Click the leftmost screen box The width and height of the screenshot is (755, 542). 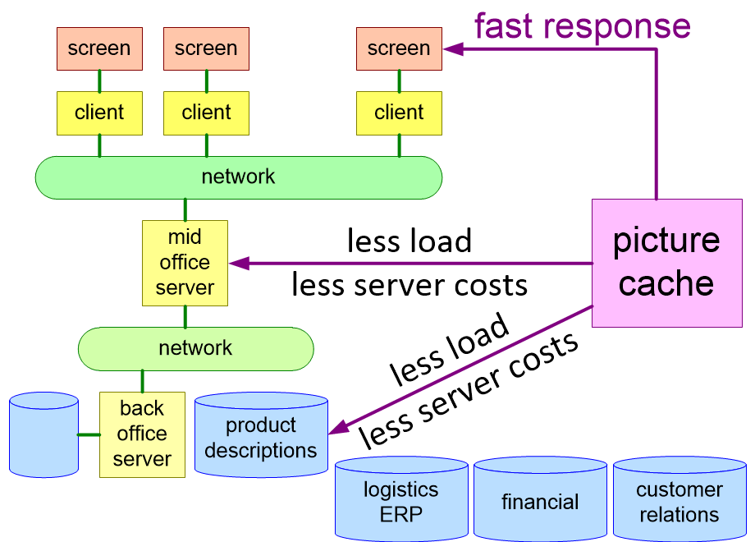pyautogui.click(x=99, y=48)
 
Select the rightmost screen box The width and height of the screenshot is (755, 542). pyautogui.click(x=399, y=48)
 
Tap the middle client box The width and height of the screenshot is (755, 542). pyautogui.click(x=206, y=113)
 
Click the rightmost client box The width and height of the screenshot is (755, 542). pyautogui.click(x=399, y=113)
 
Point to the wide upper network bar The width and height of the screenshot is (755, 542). pyautogui.click(x=239, y=177)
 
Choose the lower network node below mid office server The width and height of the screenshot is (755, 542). pyautogui.click(x=195, y=349)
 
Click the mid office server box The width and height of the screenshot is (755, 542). pyautogui.click(x=185, y=263)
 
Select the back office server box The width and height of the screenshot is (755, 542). pyautogui.click(x=142, y=434)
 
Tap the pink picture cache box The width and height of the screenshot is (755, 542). pyautogui.click(x=666, y=263)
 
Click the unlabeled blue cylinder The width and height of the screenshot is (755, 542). pyautogui.click(x=43, y=434)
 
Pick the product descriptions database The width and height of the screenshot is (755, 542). pyautogui.click(x=261, y=437)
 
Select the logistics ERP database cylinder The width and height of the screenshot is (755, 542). pyautogui.click(x=401, y=501)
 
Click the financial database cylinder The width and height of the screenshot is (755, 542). pyautogui.click(x=540, y=501)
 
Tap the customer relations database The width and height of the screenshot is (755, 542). pyautogui.click(x=679, y=501)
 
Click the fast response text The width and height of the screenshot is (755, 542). pyautogui.click(x=583, y=26)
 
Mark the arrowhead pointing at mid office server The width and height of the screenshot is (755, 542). pyautogui.click(x=239, y=264)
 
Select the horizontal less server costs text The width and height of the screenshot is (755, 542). pyautogui.click(x=410, y=285)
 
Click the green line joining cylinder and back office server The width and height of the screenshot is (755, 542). pyautogui.click(x=89, y=434)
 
